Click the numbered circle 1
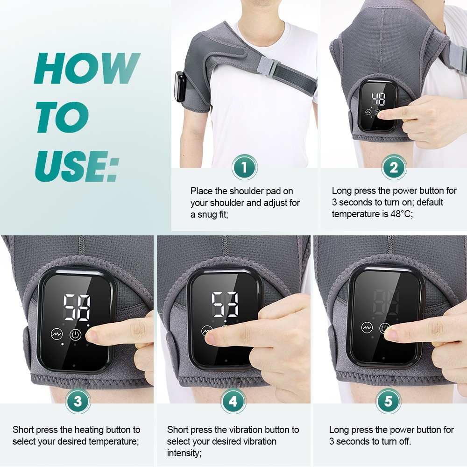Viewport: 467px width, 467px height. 245,167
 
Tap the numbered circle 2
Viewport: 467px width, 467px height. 394,167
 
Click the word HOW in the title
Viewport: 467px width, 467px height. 87,68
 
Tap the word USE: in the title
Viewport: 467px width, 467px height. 77,166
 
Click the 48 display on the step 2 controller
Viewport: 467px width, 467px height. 378,99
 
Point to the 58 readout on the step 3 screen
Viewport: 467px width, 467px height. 77,308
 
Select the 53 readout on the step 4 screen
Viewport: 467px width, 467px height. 225,304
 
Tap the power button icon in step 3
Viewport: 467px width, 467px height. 75,334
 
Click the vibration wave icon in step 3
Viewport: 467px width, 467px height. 57,334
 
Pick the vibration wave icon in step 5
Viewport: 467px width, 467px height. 367,328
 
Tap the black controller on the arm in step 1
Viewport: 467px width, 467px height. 180,86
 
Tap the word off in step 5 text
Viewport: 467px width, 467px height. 403,441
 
